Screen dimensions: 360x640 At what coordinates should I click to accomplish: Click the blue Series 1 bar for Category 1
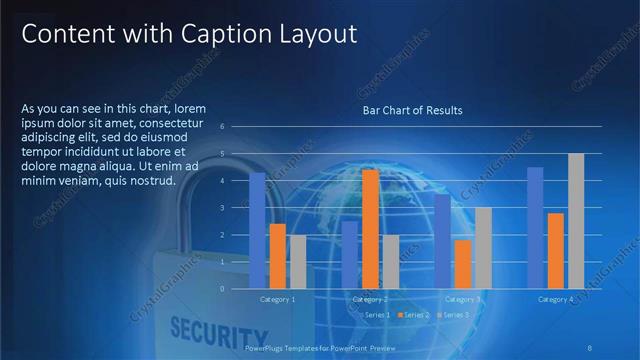pyautogui.click(x=257, y=230)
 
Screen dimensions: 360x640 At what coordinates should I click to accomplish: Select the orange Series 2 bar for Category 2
pyautogui.click(x=370, y=229)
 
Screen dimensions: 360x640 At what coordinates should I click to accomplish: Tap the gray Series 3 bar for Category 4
pyautogui.click(x=576, y=221)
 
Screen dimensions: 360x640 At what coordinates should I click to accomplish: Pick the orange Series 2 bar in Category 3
pyautogui.click(x=462, y=264)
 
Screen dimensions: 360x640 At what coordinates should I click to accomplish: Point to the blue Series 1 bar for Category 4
pyautogui.click(x=535, y=228)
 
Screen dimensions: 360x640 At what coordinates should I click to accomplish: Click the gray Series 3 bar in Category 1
pyautogui.click(x=297, y=262)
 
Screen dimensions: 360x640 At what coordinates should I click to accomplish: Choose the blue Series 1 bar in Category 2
pyautogui.click(x=349, y=255)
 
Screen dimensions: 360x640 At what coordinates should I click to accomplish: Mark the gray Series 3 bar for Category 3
pyautogui.click(x=483, y=248)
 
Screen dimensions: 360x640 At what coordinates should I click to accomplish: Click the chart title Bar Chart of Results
pyautogui.click(x=412, y=110)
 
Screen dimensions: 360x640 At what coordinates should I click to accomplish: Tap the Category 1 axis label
pyautogui.click(x=277, y=299)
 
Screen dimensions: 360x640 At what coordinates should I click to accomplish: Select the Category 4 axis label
pyautogui.click(x=555, y=299)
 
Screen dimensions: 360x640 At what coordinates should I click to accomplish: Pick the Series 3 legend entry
pyautogui.click(x=453, y=315)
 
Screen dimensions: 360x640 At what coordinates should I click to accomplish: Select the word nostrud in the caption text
pyautogui.click(x=150, y=181)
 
